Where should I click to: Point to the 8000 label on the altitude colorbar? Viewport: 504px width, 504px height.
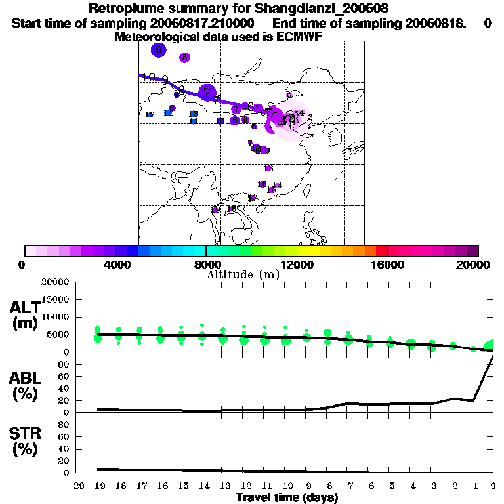click(x=205, y=264)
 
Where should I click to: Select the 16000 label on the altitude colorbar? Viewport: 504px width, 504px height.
click(x=387, y=264)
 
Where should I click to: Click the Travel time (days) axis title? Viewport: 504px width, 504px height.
click(x=287, y=498)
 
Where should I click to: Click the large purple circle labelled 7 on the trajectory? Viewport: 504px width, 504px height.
click(x=207, y=92)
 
